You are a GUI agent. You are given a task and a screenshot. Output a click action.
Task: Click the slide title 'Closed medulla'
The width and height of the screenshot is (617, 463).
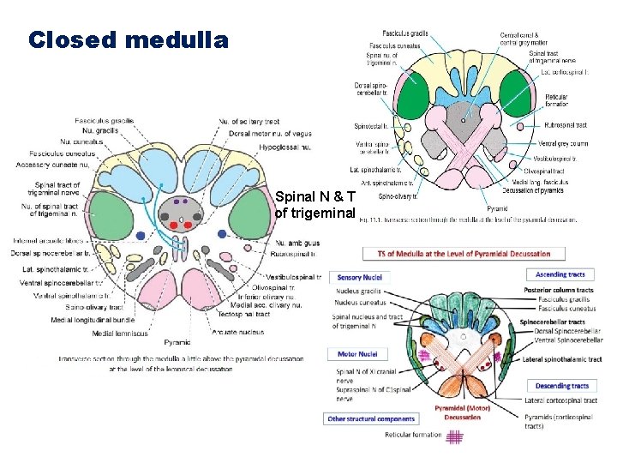pyautogui.click(x=129, y=40)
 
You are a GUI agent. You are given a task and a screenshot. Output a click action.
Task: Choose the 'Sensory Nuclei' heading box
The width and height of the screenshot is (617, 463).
pyautogui.click(x=362, y=277)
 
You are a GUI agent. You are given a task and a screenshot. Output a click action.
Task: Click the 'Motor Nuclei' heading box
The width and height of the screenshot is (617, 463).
pyautogui.click(x=358, y=353)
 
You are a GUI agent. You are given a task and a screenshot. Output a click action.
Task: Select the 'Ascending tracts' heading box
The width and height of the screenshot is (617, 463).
pyautogui.click(x=561, y=274)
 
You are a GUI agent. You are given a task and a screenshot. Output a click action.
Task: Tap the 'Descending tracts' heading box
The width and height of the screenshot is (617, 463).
pyautogui.click(x=561, y=386)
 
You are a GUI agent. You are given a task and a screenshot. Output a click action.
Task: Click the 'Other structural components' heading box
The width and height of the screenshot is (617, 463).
pyautogui.click(x=372, y=418)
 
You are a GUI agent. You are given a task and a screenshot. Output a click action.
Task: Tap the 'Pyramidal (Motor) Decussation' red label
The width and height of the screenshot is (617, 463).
pyautogui.click(x=462, y=412)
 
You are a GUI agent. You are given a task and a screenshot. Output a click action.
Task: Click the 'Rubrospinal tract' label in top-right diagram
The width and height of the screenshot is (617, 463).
pyautogui.click(x=565, y=125)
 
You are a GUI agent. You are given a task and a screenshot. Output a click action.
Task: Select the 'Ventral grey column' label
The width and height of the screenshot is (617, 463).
pyautogui.click(x=563, y=144)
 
